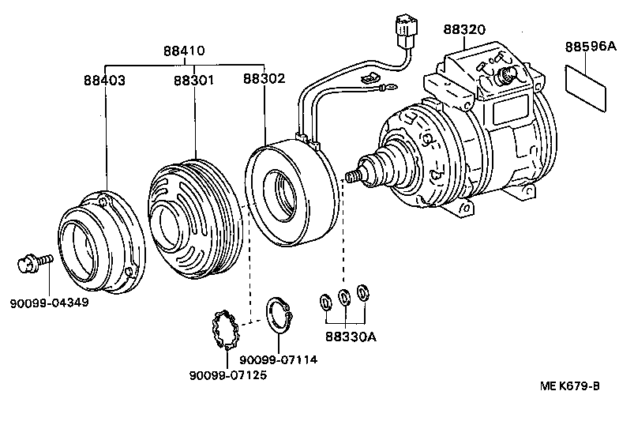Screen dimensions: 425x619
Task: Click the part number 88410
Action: [x=184, y=51]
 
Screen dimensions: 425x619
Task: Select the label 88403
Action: [x=104, y=80]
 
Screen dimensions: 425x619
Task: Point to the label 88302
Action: [x=264, y=80]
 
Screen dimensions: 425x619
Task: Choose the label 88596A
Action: [x=590, y=47]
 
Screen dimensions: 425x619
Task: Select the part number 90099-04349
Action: [x=50, y=302]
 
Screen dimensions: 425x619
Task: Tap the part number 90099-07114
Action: [x=278, y=359]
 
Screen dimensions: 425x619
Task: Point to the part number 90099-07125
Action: [x=227, y=374]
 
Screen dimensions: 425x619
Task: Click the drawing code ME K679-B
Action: [x=569, y=386]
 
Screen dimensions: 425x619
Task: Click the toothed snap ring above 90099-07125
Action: [x=224, y=331]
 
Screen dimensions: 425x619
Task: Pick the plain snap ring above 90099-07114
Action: [x=278, y=318]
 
